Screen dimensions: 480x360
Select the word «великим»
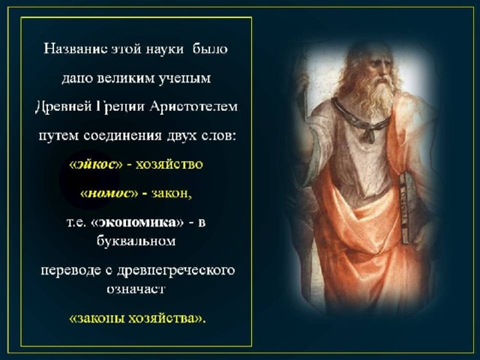[125, 78]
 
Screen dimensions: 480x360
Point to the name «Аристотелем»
[193, 106]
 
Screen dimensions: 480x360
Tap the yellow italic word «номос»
[109, 193]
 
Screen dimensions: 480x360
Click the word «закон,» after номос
[172, 193]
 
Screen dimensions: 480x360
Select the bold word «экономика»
[137, 223]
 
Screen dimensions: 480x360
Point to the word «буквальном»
[136, 241]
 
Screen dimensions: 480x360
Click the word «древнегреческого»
[176, 271]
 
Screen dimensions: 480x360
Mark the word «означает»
[136, 289]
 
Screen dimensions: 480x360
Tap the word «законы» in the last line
[100, 318]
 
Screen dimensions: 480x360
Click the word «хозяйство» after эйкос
[169, 165]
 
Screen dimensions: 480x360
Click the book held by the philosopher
[409, 208]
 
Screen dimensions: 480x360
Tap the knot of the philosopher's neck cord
[370, 135]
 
